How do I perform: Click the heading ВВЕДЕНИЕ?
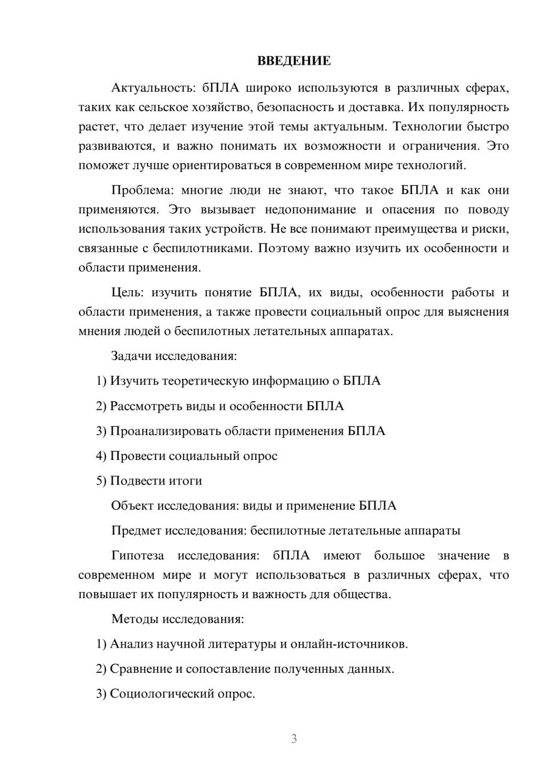tap(294, 61)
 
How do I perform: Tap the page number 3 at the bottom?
tap(294, 739)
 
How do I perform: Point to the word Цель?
tap(127, 293)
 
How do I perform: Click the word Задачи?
tap(132, 356)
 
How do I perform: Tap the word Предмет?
tap(137, 531)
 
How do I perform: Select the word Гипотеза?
tap(138, 555)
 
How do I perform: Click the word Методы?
tap(135, 619)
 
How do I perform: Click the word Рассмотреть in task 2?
tap(146, 406)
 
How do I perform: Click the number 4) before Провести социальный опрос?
tap(101, 456)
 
